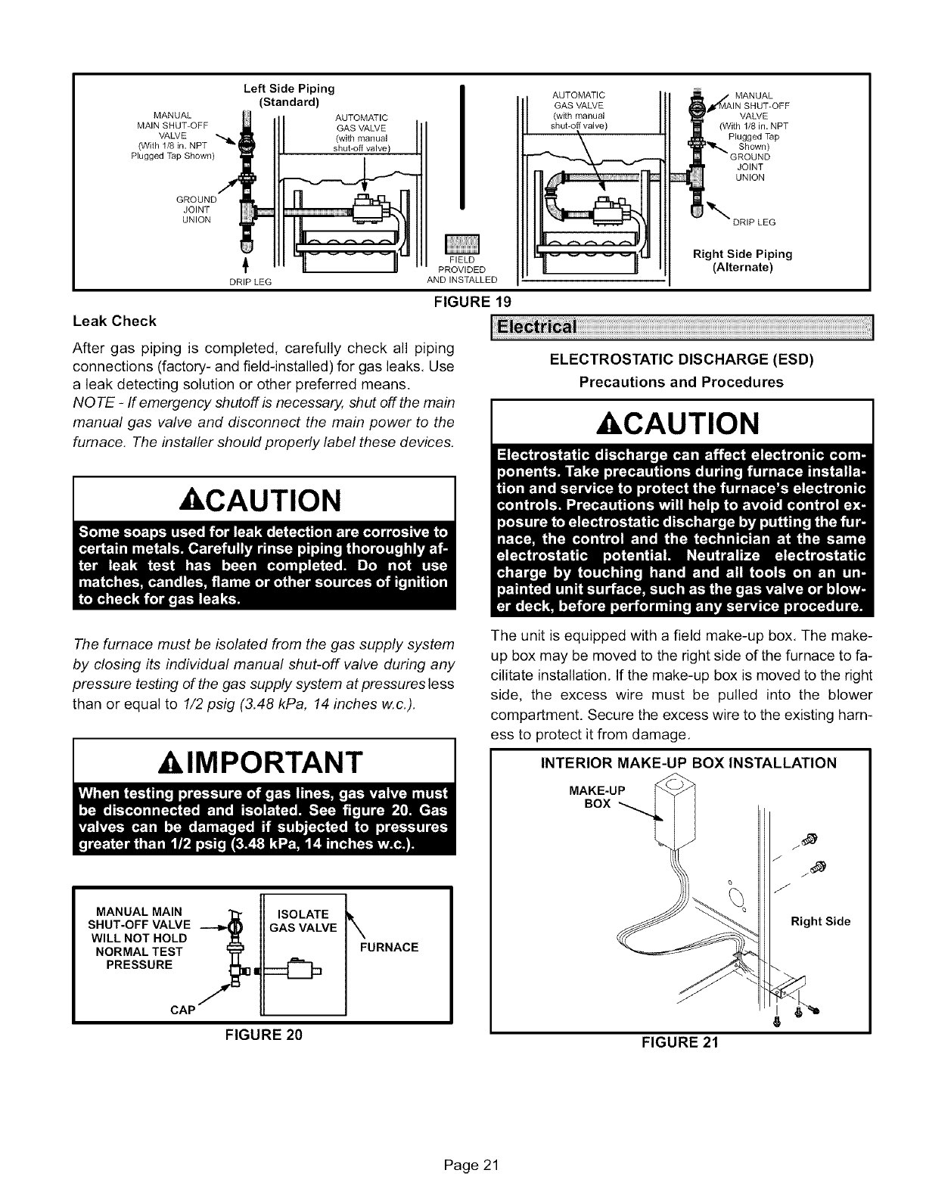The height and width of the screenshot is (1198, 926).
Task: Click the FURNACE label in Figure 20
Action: pyautogui.click(x=389, y=947)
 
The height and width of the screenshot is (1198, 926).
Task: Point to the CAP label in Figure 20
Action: pyautogui.click(x=183, y=1010)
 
